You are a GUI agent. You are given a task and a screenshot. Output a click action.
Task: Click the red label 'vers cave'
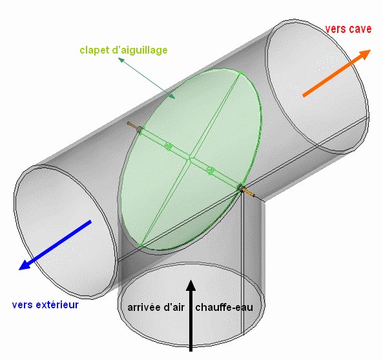pos(348,29)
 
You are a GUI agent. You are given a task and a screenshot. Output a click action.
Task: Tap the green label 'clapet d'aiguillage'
pos(123,50)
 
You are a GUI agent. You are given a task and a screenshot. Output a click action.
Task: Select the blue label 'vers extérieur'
pos(45,305)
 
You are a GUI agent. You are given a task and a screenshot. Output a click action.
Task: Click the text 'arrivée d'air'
pos(156,307)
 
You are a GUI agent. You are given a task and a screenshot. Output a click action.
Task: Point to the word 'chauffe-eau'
pos(224,307)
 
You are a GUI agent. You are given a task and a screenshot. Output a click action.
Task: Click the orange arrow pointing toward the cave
pos(337,73)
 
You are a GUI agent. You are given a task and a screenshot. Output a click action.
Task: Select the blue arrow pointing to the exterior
pos(55,245)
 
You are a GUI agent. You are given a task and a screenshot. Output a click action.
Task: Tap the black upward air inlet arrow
pos(191,315)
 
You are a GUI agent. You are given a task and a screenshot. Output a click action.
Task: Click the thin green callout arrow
pos(147,78)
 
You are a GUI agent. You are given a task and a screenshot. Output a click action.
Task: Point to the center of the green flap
pos(190,160)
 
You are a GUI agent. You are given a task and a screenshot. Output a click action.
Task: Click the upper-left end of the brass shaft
pos(127,123)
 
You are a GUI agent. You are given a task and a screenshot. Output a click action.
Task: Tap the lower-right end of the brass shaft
pos(254,195)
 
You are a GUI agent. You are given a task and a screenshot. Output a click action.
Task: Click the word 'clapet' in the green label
pos(94,50)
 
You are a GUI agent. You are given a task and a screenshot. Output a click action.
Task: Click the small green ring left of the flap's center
pos(168,147)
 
